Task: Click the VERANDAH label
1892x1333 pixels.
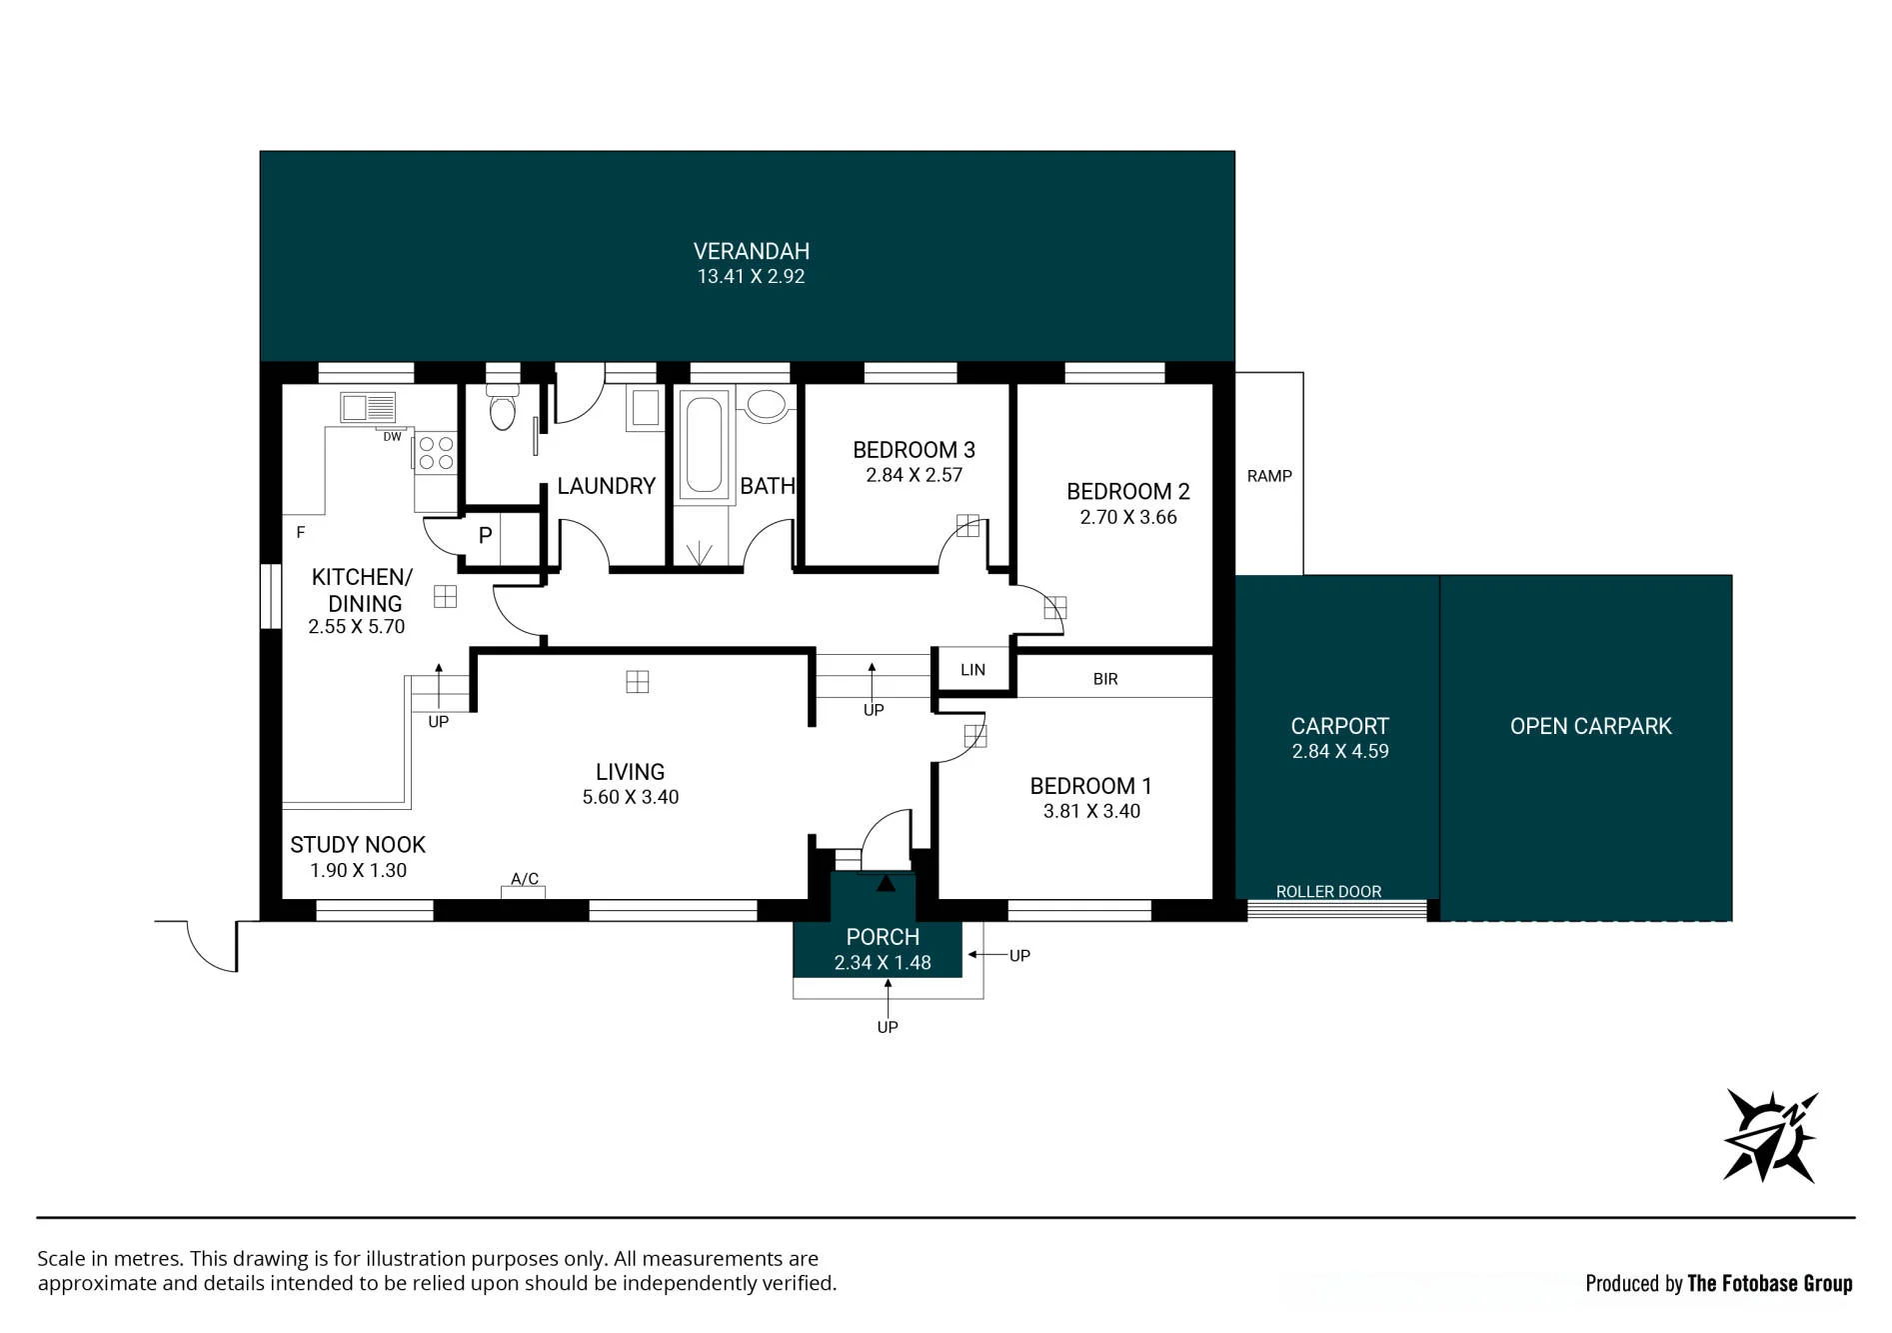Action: click(x=752, y=251)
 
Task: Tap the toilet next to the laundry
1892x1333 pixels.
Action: click(x=503, y=407)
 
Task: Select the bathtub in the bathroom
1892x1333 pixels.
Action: click(x=704, y=444)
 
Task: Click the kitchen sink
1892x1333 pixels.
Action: click(x=369, y=407)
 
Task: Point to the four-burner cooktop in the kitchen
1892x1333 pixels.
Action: click(x=436, y=452)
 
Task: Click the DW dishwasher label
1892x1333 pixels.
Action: click(x=392, y=437)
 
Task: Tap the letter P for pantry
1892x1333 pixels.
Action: click(x=485, y=535)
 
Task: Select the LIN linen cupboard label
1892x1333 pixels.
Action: click(x=972, y=670)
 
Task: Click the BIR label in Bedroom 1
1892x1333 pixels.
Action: click(x=1105, y=679)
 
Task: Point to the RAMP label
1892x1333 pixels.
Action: click(x=1269, y=476)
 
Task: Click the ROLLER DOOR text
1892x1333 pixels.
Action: click(x=1328, y=891)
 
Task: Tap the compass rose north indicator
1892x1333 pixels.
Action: click(x=1770, y=1137)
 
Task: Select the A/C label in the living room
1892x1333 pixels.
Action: click(x=525, y=878)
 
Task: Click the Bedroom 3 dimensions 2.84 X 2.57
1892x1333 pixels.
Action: click(x=914, y=475)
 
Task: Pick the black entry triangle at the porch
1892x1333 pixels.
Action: click(x=886, y=883)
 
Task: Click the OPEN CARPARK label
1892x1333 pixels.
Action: click(x=1590, y=726)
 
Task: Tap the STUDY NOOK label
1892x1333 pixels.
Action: click(x=358, y=845)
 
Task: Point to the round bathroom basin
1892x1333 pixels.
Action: click(x=766, y=404)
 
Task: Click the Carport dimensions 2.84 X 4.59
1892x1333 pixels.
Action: click(x=1340, y=751)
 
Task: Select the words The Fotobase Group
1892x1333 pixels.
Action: click(x=1769, y=1283)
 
